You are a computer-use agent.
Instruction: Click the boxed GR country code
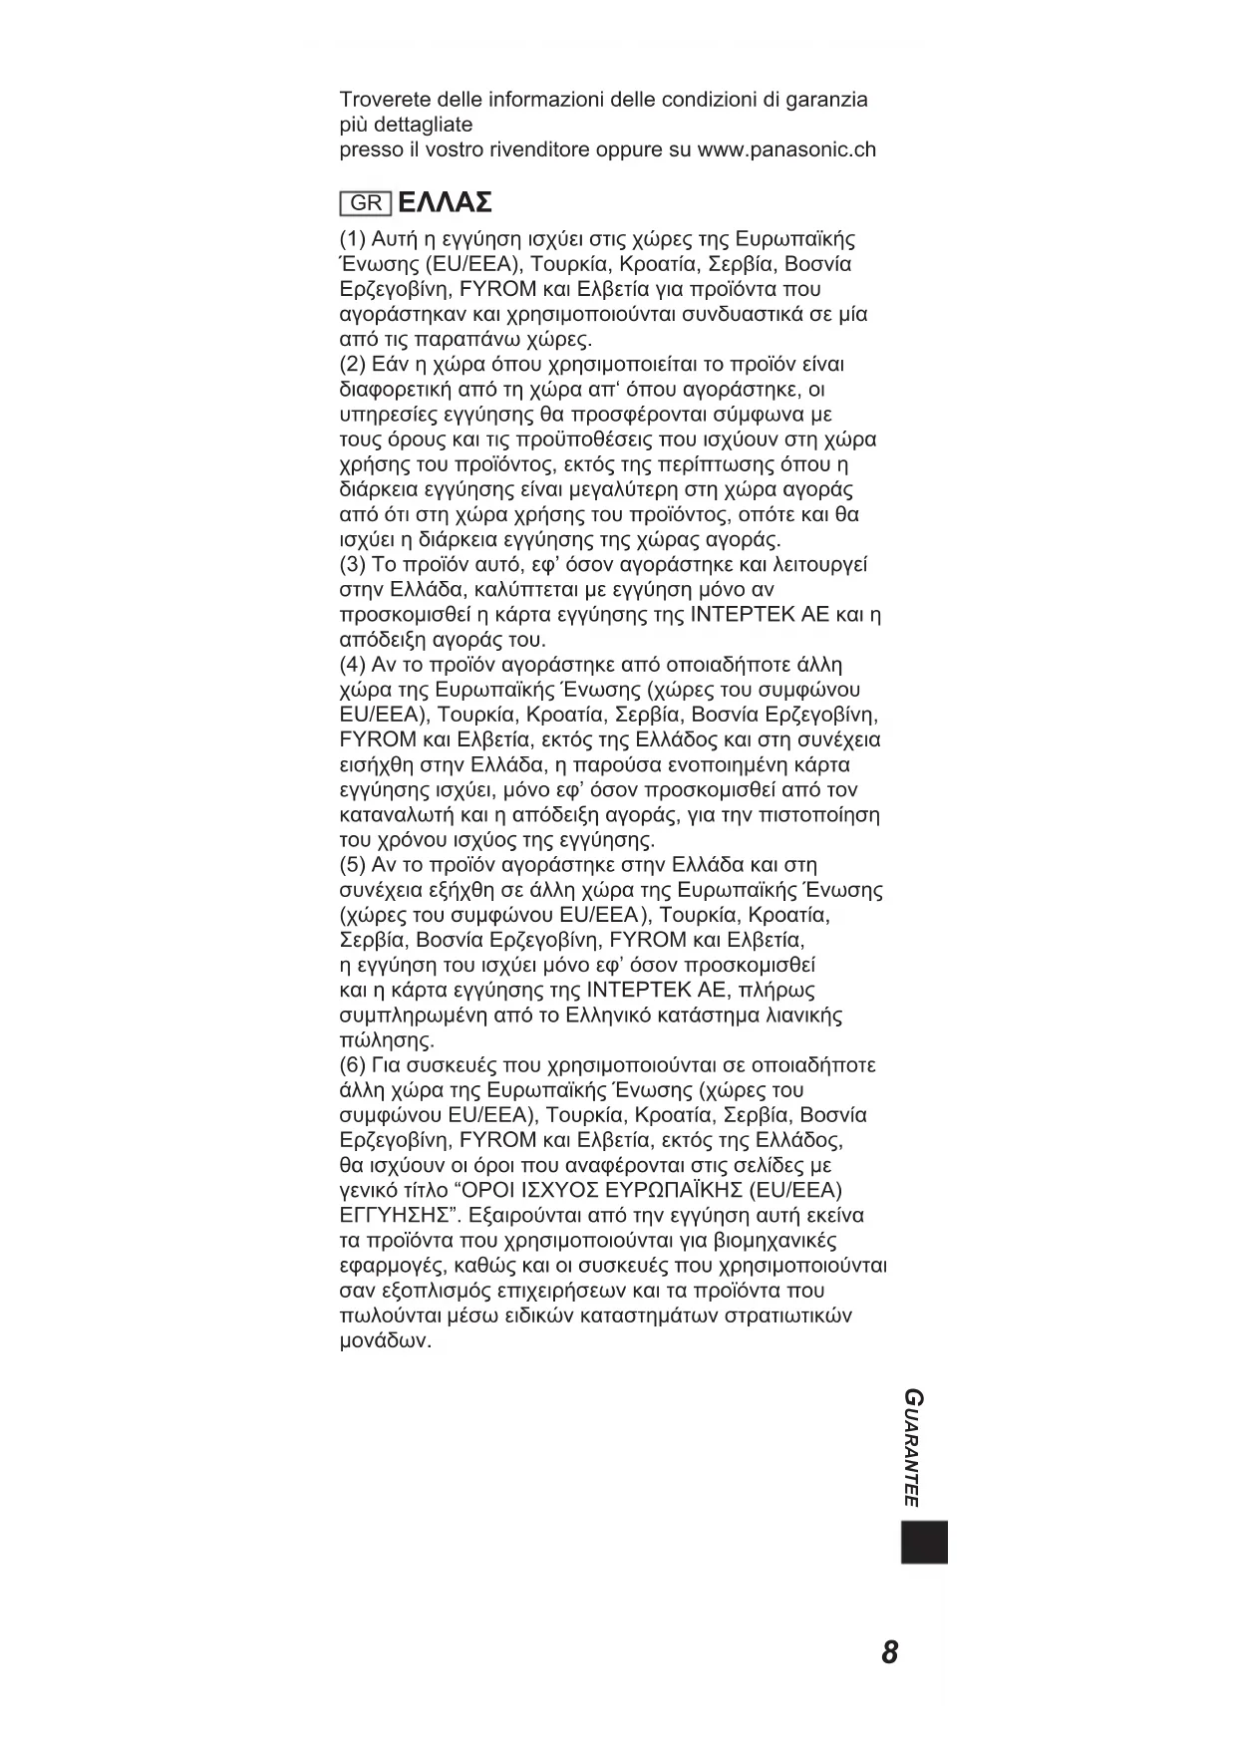click(366, 203)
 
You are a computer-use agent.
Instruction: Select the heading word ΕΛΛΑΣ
click(445, 203)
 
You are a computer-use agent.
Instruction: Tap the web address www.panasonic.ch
click(786, 149)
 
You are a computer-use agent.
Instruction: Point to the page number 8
click(890, 1652)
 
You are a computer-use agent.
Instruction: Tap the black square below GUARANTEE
click(924, 1542)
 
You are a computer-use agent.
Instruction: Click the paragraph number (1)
click(354, 239)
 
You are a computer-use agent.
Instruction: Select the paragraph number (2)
click(354, 365)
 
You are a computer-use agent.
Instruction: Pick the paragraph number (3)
click(354, 565)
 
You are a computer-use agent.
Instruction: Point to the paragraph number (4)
click(354, 665)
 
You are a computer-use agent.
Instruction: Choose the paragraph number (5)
click(354, 865)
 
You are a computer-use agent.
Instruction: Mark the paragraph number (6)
click(354, 1065)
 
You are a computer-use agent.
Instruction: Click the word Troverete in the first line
click(386, 100)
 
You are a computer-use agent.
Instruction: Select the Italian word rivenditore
click(542, 149)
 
